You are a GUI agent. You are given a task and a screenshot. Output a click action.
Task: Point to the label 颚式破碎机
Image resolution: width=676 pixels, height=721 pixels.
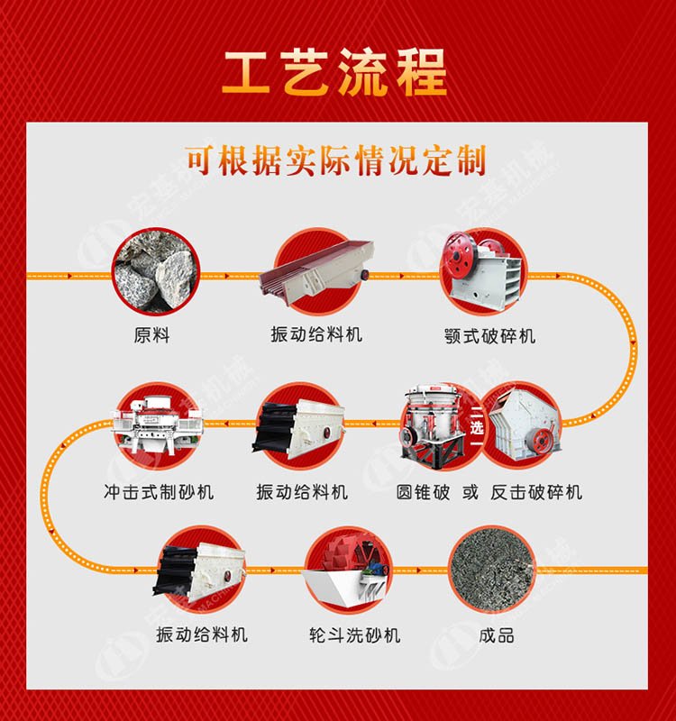(489, 335)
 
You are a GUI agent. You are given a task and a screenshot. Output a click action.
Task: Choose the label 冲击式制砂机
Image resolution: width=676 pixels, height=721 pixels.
(159, 492)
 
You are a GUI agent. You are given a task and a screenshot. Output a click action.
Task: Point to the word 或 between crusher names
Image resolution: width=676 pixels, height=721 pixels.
(470, 492)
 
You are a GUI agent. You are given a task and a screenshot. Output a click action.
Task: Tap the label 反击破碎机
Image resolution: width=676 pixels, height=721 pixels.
(536, 492)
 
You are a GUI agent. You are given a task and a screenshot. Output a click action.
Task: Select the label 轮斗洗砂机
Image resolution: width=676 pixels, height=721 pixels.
(353, 634)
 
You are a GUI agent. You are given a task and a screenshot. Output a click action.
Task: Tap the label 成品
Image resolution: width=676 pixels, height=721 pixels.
(497, 634)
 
